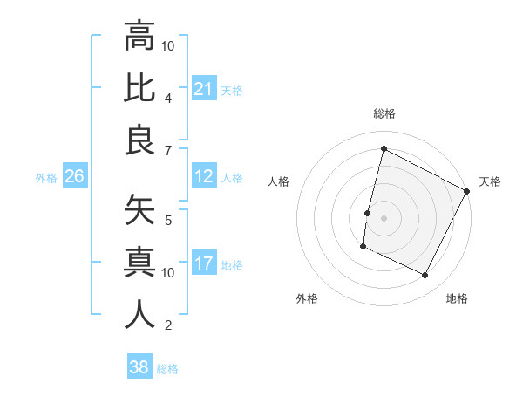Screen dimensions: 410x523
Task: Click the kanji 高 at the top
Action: pos(139,37)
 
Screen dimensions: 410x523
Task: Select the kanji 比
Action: pos(139,88)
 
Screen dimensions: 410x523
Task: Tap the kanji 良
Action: pos(139,140)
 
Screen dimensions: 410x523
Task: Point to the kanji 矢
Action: pos(139,210)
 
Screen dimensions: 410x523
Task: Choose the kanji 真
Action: pos(139,263)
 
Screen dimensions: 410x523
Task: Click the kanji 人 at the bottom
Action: pos(139,315)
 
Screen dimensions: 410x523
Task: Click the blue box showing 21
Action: pos(204,88)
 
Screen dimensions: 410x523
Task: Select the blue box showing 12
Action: pos(204,177)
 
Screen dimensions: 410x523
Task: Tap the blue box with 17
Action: pos(204,263)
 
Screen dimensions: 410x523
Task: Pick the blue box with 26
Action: pos(74,177)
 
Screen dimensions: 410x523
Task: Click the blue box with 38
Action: pos(139,367)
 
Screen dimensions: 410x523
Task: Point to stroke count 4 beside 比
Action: pos(168,98)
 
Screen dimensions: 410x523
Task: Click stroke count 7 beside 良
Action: pos(168,150)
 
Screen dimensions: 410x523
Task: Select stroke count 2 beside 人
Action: pos(168,326)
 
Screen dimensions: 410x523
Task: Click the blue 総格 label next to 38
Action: pos(167,369)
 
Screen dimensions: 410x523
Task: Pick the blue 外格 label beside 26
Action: pos(46,178)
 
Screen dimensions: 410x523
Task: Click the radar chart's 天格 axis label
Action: pos(490,181)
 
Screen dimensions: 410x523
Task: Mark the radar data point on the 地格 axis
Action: pos(425,276)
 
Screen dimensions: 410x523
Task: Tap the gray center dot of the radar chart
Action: pos(384,218)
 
